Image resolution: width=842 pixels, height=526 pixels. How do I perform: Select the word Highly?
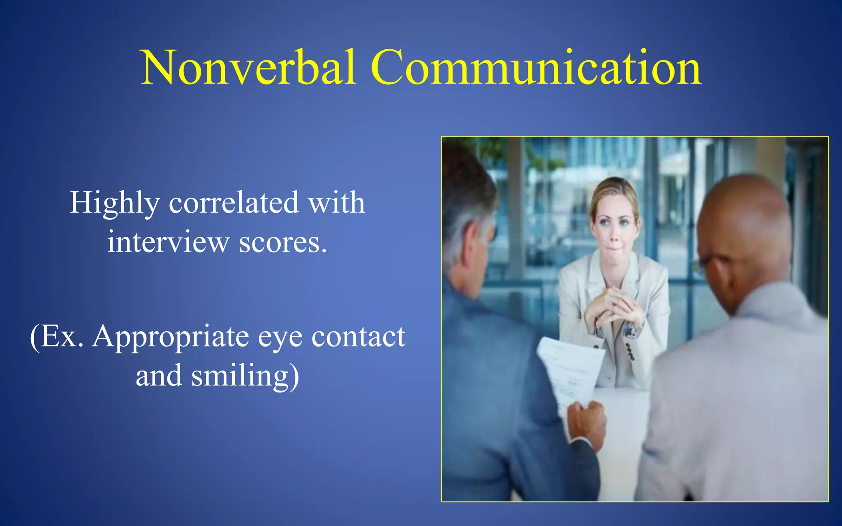114,203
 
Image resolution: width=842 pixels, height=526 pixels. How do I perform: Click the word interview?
168,242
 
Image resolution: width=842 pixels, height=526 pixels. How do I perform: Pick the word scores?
283,243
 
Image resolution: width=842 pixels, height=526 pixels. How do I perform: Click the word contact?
358,337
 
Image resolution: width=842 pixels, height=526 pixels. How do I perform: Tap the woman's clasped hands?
615,306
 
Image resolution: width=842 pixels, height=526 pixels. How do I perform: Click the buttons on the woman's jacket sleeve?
629,351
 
